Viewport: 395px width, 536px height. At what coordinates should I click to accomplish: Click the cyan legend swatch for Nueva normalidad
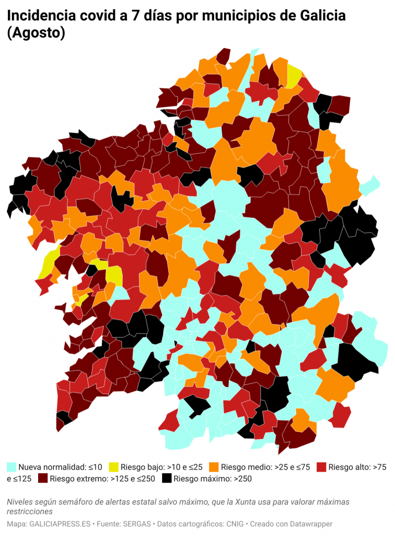tap(11, 466)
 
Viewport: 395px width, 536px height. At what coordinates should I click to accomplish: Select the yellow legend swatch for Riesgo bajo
tap(113, 466)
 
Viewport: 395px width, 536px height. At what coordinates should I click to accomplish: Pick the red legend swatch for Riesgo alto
tap(321, 466)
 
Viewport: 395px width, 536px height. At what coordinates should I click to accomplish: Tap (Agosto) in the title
tap(36, 33)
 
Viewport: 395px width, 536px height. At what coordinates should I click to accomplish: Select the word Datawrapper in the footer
tap(312, 523)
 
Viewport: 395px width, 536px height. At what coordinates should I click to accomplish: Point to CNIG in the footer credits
tap(237, 523)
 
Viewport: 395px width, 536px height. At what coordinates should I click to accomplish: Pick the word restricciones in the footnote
tap(30, 511)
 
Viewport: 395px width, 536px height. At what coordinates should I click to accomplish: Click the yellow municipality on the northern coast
tap(294, 76)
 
